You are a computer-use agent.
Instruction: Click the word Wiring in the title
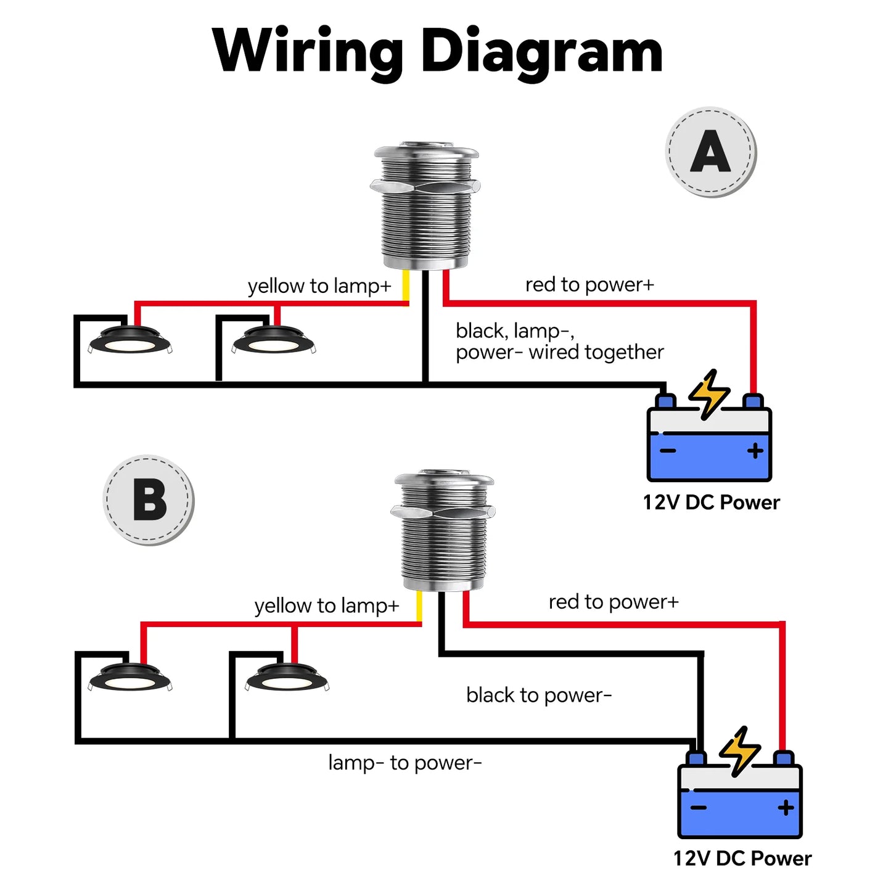pyautogui.click(x=308, y=52)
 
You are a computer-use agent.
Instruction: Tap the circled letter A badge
pyautogui.click(x=711, y=152)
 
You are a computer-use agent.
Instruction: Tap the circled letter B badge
pyautogui.click(x=149, y=500)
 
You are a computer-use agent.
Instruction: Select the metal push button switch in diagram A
pyautogui.click(x=426, y=207)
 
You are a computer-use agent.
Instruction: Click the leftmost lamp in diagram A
pyautogui.click(x=129, y=342)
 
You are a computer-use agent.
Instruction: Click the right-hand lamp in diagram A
pyautogui.click(x=273, y=341)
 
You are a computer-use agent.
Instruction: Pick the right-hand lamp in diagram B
pyautogui.click(x=287, y=679)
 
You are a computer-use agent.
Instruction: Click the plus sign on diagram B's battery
pyautogui.click(x=786, y=808)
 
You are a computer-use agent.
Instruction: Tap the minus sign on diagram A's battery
pyautogui.click(x=668, y=451)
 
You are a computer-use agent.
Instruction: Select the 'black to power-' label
pyautogui.click(x=538, y=696)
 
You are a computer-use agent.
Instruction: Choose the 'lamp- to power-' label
pyautogui.click(x=404, y=763)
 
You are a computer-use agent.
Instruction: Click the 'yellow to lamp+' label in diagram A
pyautogui.click(x=319, y=286)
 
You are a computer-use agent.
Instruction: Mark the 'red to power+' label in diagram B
pyautogui.click(x=613, y=602)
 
